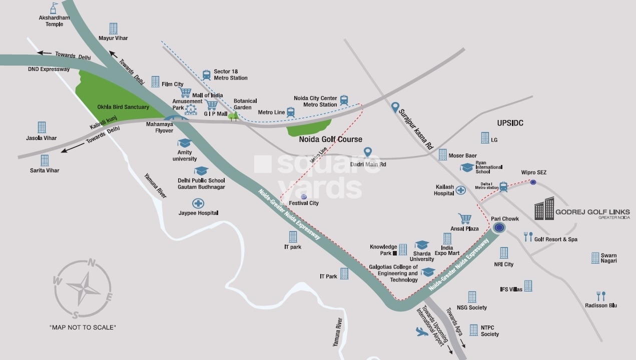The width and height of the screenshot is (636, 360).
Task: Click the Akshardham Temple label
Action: [54, 21]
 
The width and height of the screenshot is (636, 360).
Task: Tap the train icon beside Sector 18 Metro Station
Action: [206, 75]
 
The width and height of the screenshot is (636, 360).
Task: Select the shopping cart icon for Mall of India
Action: [185, 92]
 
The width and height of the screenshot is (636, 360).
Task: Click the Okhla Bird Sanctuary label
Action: [123, 107]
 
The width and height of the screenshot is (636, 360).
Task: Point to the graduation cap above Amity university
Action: [184, 143]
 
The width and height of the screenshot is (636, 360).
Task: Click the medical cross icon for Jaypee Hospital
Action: [198, 203]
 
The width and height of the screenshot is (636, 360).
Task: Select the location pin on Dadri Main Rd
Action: [368, 152]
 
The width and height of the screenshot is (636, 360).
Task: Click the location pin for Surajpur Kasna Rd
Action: [395, 107]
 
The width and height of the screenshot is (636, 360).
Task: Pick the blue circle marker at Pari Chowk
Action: [498, 228]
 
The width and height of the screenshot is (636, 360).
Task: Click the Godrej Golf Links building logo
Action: [544, 208]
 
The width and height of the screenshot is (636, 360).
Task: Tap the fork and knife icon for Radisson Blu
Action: [601, 296]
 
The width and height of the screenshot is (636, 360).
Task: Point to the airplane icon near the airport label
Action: [422, 331]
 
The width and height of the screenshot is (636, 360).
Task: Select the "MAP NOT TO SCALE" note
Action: [83, 327]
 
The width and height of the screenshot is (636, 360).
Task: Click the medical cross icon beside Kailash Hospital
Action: [460, 190]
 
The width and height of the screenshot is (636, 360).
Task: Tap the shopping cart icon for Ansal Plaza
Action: [465, 218]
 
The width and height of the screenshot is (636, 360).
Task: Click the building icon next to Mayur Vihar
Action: [114, 28]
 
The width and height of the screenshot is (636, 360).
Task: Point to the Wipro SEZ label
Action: [534, 172]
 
